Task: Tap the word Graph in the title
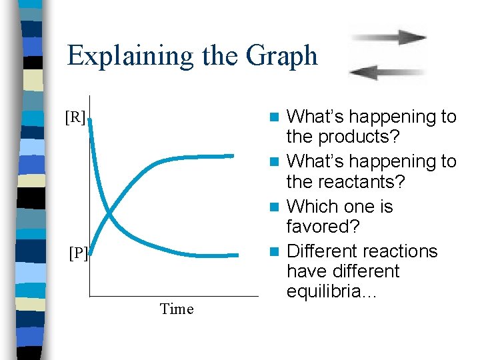pyautogui.click(x=281, y=55)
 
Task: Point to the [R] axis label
pyautogui.click(x=75, y=118)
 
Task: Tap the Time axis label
pyautogui.click(x=177, y=309)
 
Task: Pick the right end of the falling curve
pyautogui.click(x=236, y=255)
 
